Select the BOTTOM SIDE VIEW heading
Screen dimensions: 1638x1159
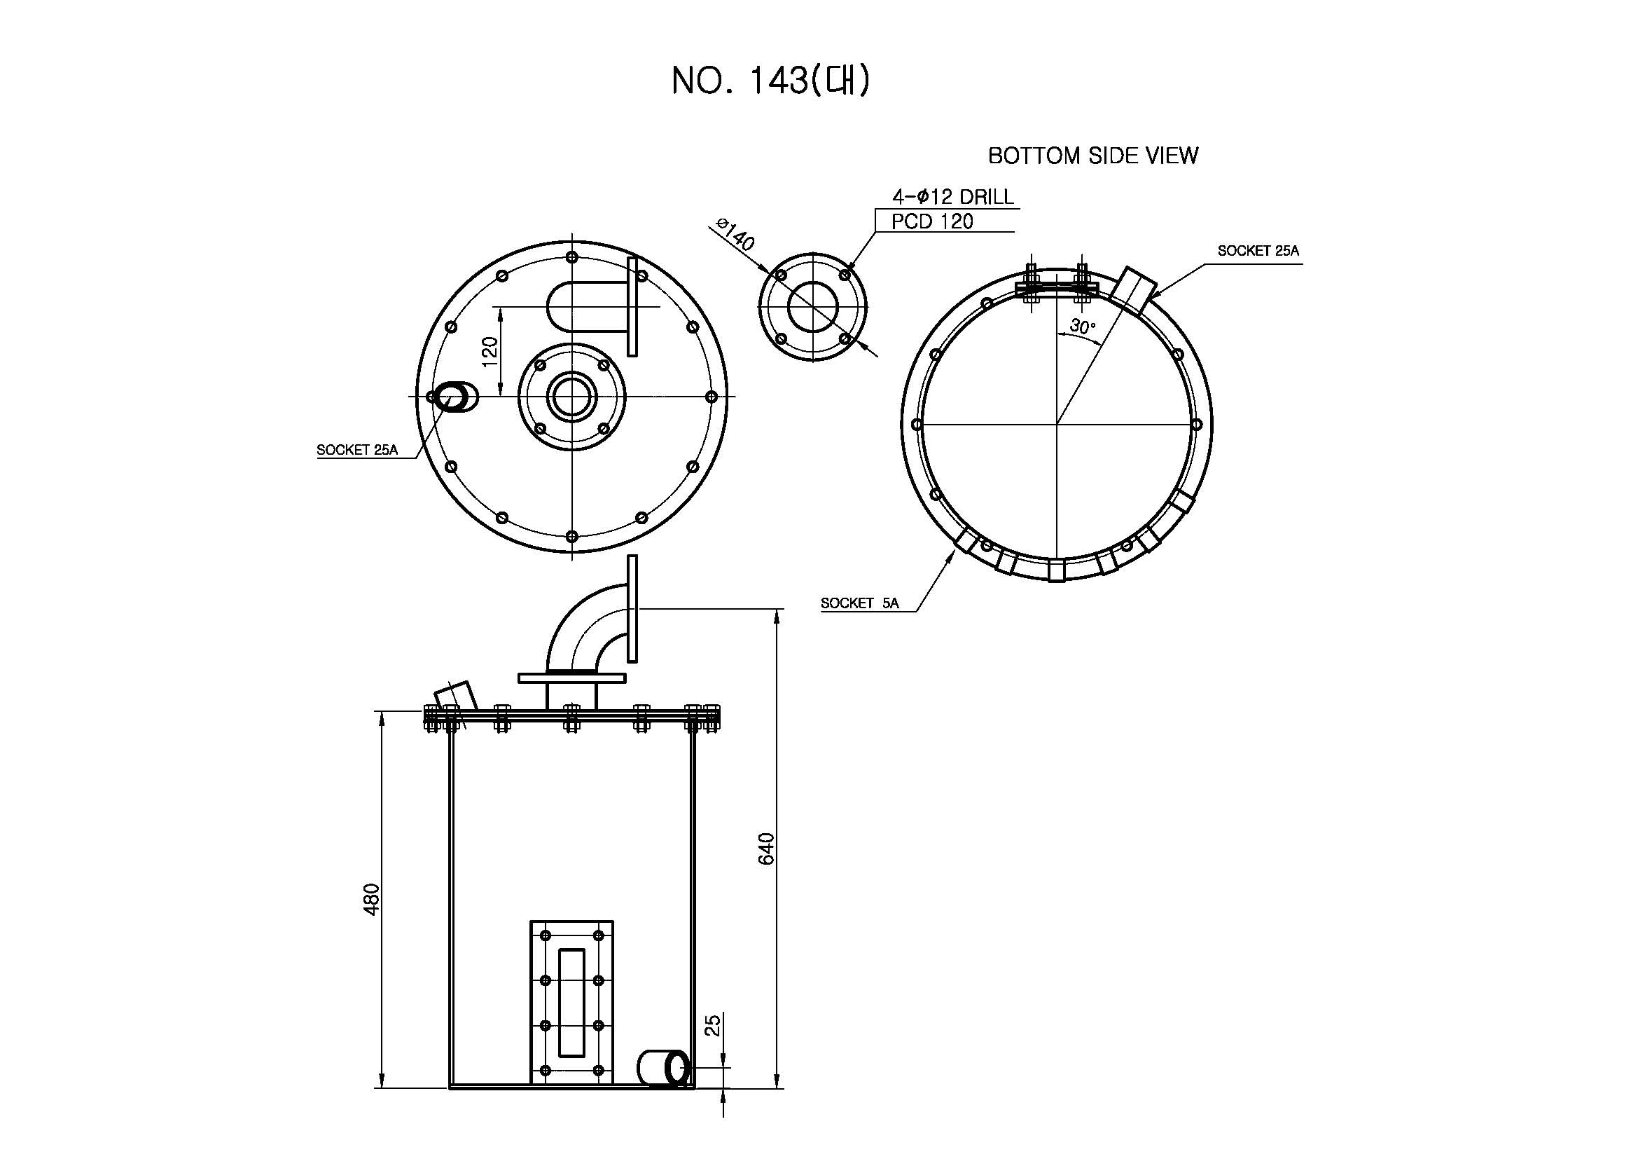pos(1093,156)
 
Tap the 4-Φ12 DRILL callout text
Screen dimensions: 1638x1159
pos(953,196)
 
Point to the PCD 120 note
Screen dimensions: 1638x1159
pos(932,221)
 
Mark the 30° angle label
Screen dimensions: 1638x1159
pos(1082,327)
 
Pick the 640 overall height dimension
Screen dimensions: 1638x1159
pos(765,849)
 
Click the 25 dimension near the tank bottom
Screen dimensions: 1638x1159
pos(713,1026)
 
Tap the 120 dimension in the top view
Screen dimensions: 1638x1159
pos(490,352)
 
